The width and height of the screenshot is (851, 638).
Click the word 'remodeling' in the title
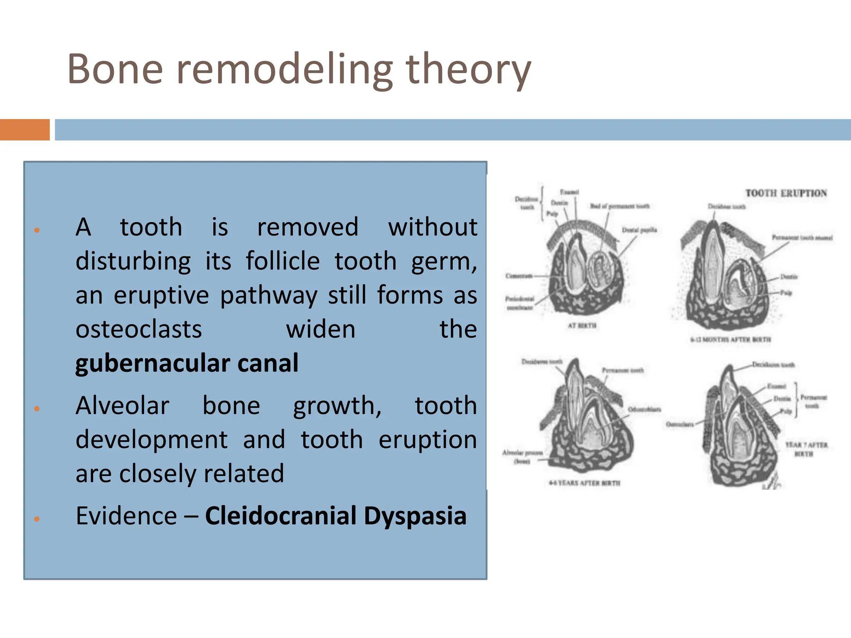(x=285, y=70)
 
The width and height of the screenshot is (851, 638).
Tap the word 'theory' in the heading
(x=468, y=70)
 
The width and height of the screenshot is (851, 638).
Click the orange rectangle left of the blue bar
(x=25, y=130)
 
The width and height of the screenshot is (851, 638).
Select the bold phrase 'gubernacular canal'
(x=187, y=363)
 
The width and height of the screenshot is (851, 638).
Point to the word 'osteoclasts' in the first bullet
(x=139, y=329)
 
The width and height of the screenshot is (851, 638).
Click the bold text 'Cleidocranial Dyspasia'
(x=335, y=516)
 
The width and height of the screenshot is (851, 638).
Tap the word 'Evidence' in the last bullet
(x=126, y=516)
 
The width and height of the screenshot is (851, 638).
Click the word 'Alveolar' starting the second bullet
(x=122, y=405)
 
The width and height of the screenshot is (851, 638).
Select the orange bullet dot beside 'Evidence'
(x=37, y=519)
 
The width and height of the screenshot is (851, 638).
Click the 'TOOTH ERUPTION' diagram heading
(x=786, y=193)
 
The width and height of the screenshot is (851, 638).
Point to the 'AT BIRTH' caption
(x=582, y=326)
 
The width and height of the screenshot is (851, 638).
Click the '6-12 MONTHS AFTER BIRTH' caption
(x=730, y=340)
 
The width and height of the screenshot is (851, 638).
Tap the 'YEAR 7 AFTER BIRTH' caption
(x=806, y=449)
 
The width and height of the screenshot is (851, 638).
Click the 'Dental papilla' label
(x=639, y=230)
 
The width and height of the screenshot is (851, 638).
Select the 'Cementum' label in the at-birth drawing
(x=519, y=276)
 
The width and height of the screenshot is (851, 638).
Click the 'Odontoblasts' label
(x=644, y=410)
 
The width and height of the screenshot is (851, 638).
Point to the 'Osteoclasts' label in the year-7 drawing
(x=680, y=425)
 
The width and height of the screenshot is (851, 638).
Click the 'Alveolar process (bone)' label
(x=522, y=456)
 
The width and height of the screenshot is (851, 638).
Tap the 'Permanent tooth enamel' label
(x=802, y=238)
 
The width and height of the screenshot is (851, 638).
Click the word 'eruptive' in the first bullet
(x=161, y=296)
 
